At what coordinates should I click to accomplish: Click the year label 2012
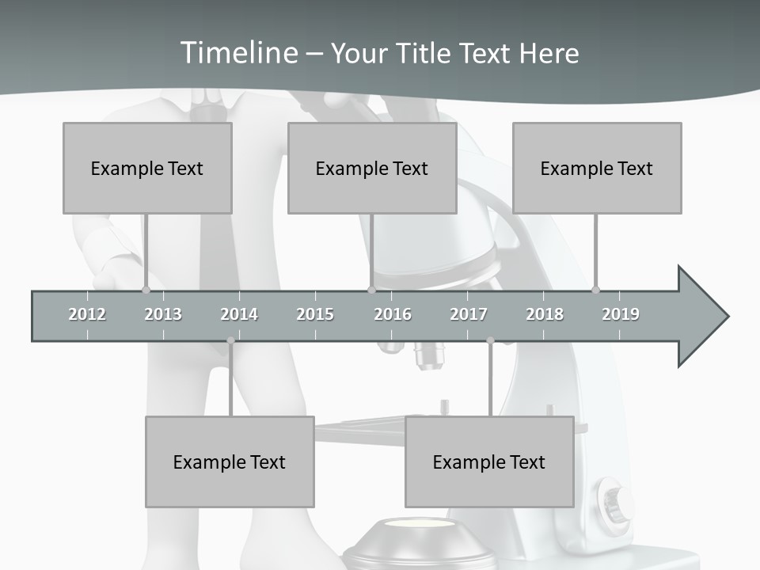[87, 314]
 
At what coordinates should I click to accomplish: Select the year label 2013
[163, 314]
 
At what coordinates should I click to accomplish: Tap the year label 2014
[239, 314]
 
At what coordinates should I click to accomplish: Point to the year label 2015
[315, 314]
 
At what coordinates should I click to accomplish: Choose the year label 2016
[393, 314]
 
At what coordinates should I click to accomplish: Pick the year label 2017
[469, 314]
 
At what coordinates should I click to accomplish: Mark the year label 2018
[545, 314]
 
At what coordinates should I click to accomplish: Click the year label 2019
[621, 314]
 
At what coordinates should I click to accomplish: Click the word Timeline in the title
[237, 53]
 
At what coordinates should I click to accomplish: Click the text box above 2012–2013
[147, 168]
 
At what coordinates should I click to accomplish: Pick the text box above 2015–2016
[372, 168]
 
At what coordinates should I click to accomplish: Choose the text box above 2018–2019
[597, 168]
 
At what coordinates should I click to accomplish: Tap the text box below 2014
[230, 462]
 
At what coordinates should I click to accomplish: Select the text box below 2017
[489, 462]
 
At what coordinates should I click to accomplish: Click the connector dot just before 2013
[146, 290]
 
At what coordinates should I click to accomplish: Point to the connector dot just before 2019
[596, 290]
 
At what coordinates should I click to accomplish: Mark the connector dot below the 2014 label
[230, 340]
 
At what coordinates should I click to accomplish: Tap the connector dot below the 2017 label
[490, 340]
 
